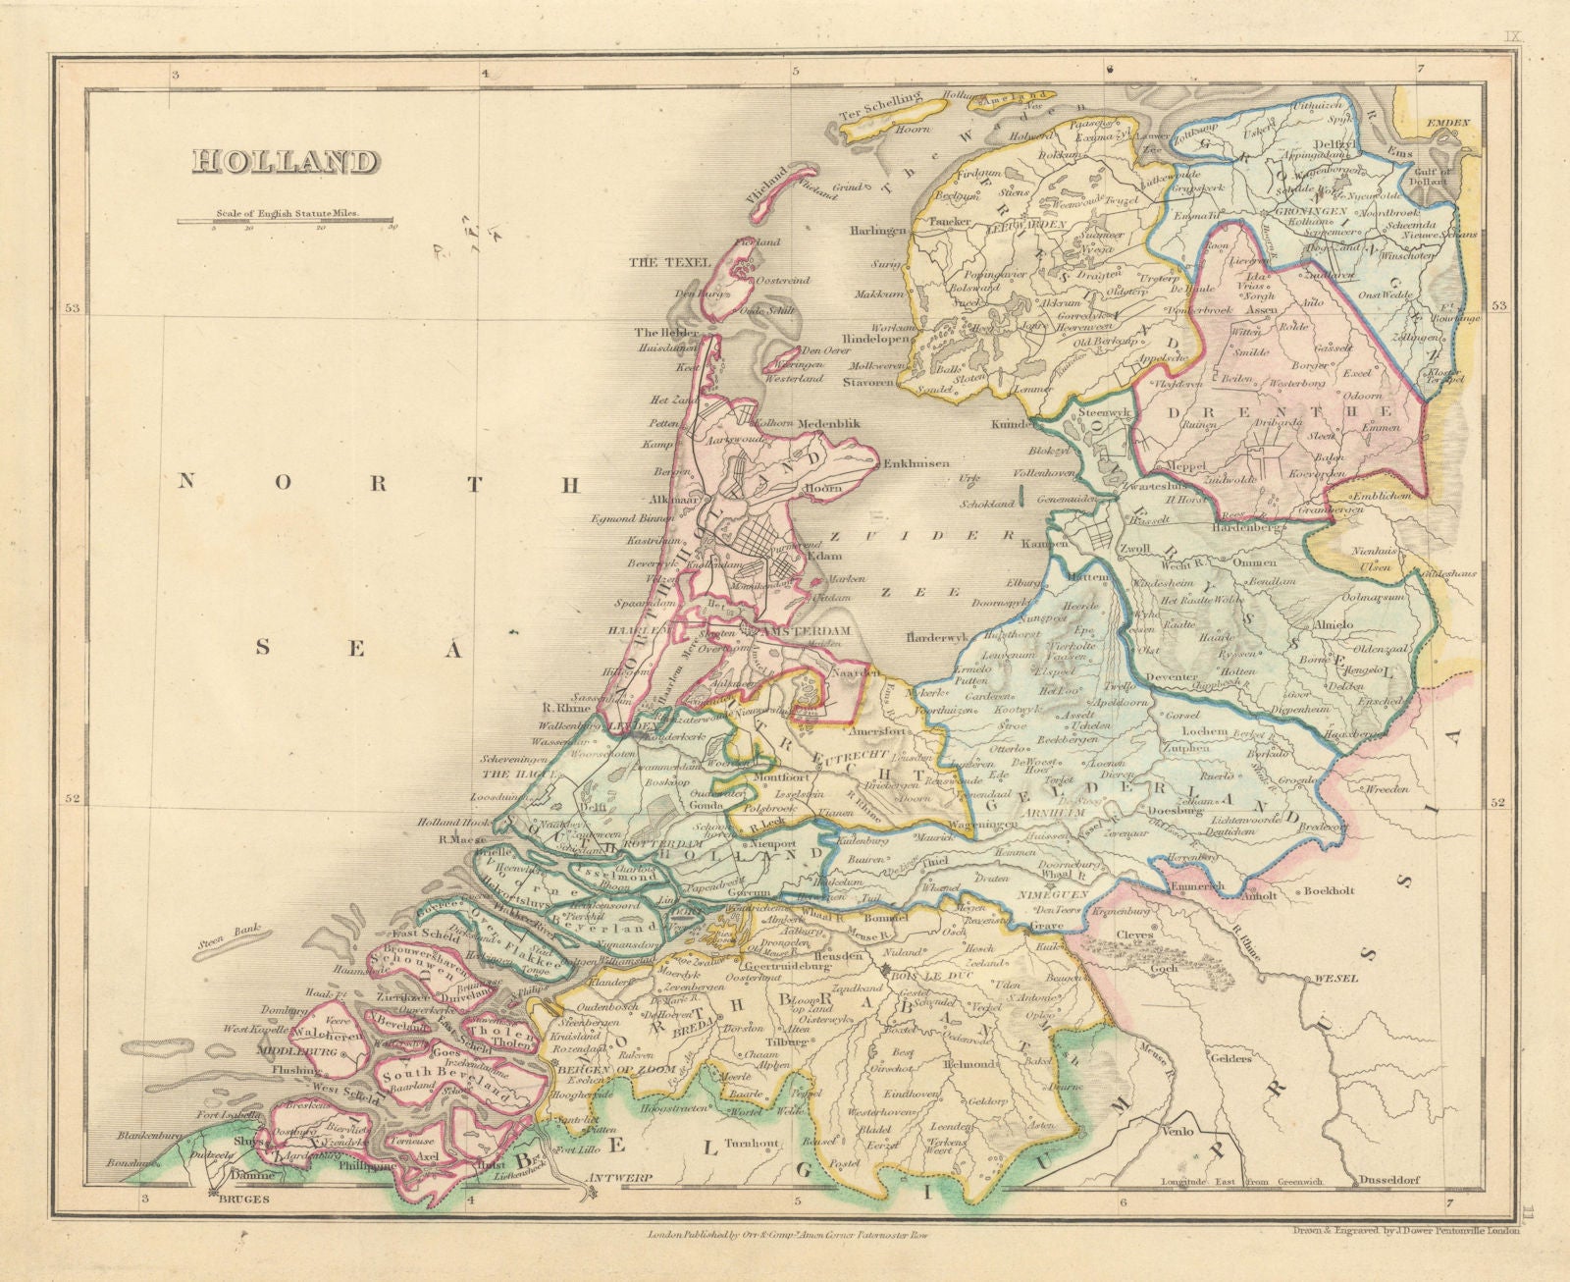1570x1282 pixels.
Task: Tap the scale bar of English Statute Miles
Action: [286, 222]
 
